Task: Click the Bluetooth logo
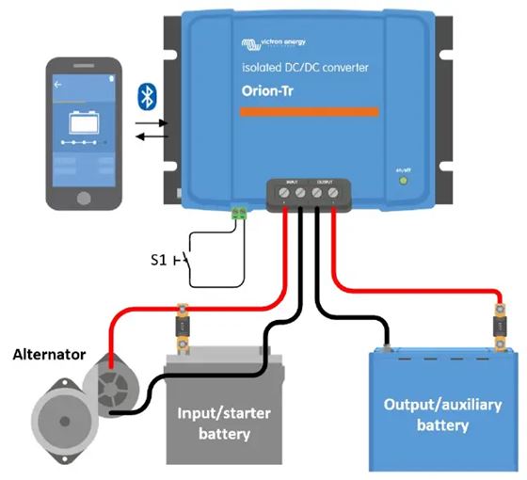coord(147,94)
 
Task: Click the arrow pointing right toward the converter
coord(152,122)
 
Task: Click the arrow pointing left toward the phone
coord(152,137)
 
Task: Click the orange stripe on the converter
coord(308,111)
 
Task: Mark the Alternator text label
coord(49,355)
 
